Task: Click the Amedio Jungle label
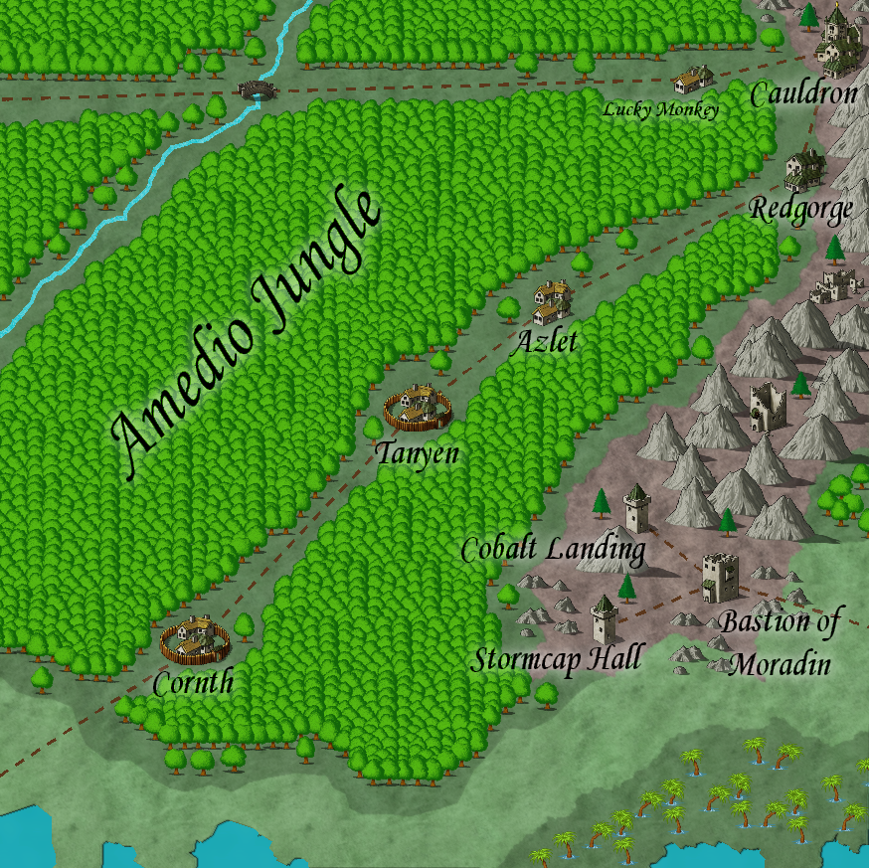click(247, 333)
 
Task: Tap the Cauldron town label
click(803, 95)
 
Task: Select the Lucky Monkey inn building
click(692, 79)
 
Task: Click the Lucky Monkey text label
click(661, 109)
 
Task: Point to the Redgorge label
click(800, 210)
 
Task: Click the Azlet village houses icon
click(550, 301)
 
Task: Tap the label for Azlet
click(543, 343)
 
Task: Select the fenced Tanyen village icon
click(418, 406)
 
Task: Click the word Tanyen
click(417, 453)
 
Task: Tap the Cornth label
click(193, 683)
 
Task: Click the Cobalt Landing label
click(553, 549)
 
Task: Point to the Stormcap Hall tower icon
click(604, 619)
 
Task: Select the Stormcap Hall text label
click(556, 658)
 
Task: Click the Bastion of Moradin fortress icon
click(720, 578)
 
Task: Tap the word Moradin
click(780, 664)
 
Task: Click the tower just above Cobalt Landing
click(636, 508)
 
